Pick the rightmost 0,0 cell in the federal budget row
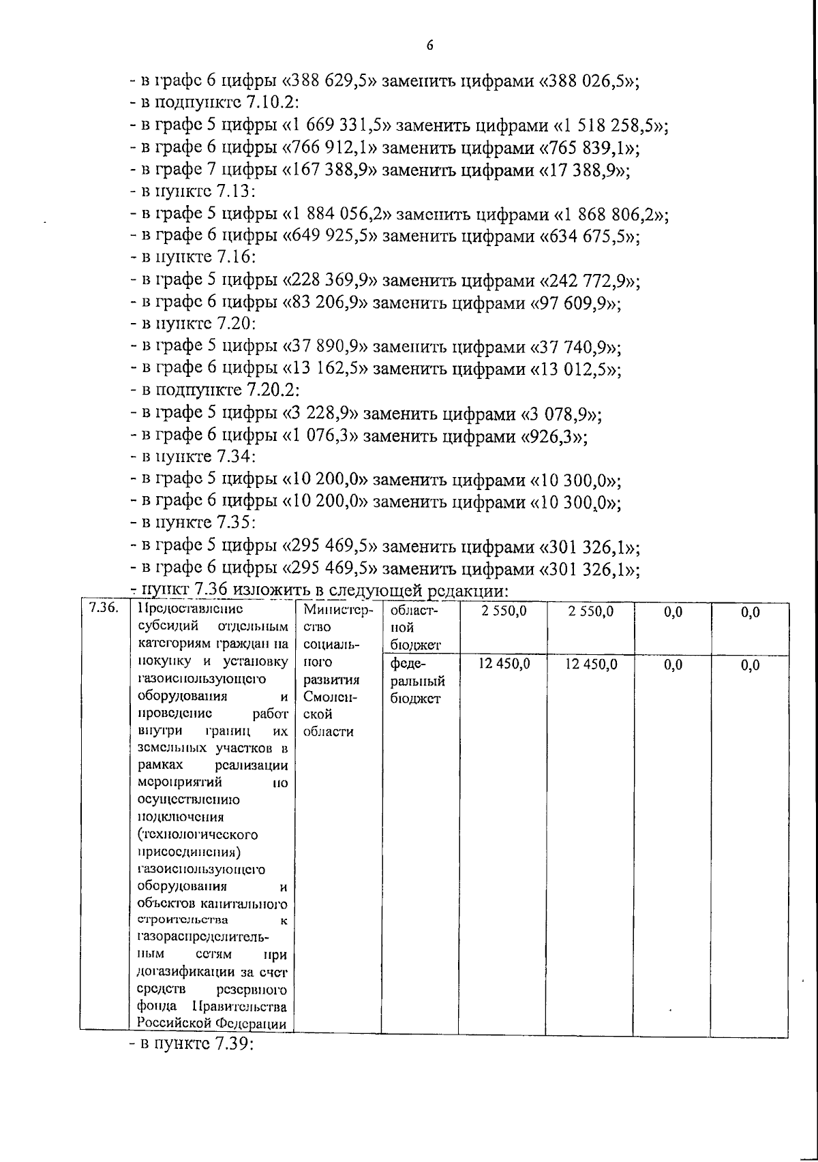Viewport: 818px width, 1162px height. point(750,666)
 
